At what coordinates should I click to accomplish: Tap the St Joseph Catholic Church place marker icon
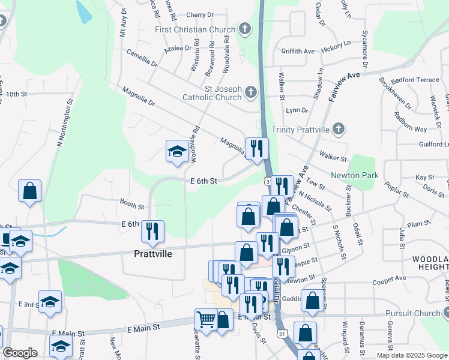point(250,92)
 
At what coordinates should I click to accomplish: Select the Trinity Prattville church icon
point(339,128)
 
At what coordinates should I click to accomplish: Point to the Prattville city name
point(152,254)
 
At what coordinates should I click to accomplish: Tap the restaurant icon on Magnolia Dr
point(257,148)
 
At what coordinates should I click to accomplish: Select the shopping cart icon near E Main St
point(206,319)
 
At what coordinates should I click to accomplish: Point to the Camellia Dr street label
point(142,58)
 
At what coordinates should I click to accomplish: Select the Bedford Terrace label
point(415,80)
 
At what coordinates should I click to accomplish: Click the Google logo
point(20,353)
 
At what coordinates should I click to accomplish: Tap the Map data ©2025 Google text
point(411,355)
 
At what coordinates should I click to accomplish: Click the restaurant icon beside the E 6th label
point(152,230)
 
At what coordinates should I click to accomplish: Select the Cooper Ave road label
point(389,279)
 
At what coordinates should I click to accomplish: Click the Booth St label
point(131,205)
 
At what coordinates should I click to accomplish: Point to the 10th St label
point(17,94)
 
